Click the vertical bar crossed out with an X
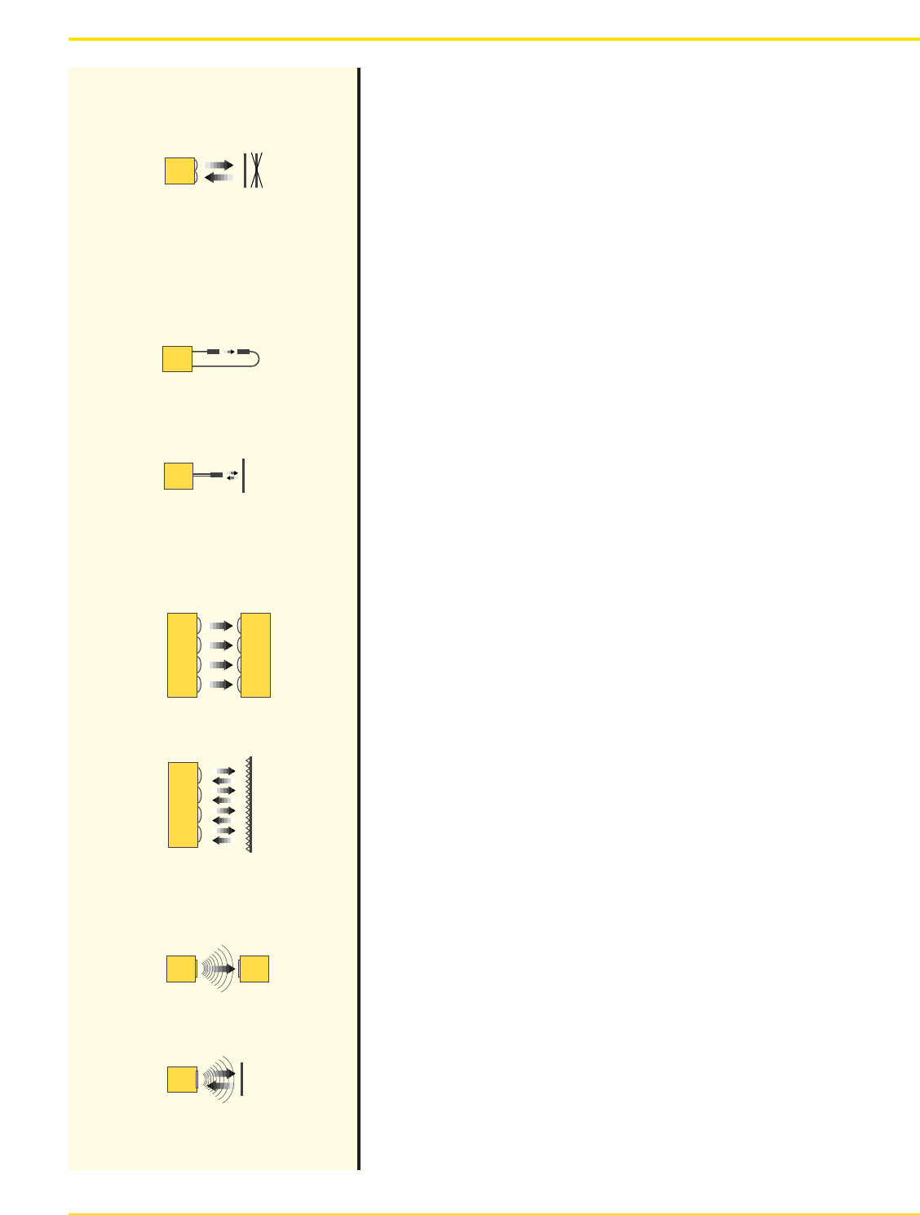coord(256,171)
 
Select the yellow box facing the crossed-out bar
coord(179,171)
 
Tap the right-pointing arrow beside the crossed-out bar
coord(219,165)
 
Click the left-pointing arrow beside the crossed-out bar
coord(219,177)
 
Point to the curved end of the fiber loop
coord(256,359)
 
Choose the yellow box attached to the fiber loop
coord(177,359)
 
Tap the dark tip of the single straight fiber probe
coord(216,475)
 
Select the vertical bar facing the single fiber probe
coord(243,476)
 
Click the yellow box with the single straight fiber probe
coord(179,476)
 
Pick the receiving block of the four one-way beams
coord(255,655)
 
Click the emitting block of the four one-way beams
coord(182,655)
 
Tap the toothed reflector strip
coord(250,805)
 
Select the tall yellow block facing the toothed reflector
coord(183,805)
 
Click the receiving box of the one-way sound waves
coord(254,969)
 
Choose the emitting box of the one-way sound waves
coord(181,969)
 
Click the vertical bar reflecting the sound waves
coord(242,1080)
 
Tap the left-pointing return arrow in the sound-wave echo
coord(218,1086)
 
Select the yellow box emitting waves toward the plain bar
coord(182,1080)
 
